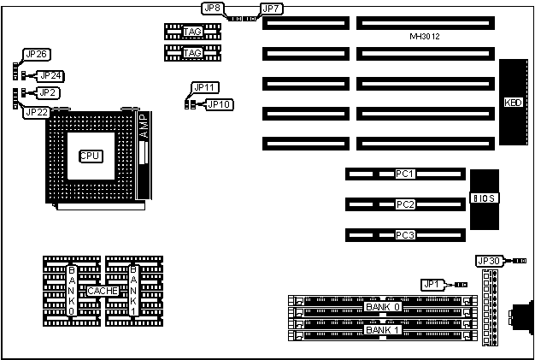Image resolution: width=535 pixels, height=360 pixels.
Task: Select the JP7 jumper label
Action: pyautogui.click(x=271, y=9)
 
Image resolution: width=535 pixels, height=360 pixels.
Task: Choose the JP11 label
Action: pyautogui.click(x=205, y=87)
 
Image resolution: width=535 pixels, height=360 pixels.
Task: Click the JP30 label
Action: pyautogui.click(x=488, y=261)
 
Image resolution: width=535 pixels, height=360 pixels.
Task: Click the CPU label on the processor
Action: pyautogui.click(x=90, y=156)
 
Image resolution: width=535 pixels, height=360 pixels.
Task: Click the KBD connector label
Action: pyautogui.click(x=514, y=103)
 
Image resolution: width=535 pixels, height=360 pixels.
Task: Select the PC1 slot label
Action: pyautogui.click(x=404, y=174)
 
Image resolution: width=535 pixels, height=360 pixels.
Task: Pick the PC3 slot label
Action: pyautogui.click(x=404, y=234)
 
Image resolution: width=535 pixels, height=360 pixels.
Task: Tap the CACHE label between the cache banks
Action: pyautogui.click(x=102, y=292)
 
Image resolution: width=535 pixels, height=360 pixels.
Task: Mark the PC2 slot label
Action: pyautogui.click(x=404, y=204)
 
